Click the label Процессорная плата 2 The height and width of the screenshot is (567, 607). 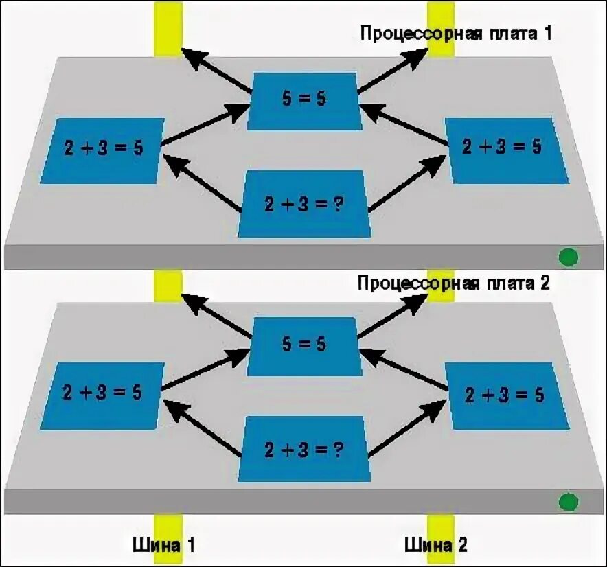(x=454, y=283)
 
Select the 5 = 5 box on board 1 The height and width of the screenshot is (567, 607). (x=303, y=100)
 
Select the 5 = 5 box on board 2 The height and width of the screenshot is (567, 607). (x=303, y=345)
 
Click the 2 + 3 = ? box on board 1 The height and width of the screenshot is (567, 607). (x=304, y=203)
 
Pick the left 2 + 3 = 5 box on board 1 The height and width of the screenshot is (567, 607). (x=102, y=150)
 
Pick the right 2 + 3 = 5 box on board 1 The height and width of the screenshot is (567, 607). (x=507, y=150)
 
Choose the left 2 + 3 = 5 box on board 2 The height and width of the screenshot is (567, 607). (x=102, y=395)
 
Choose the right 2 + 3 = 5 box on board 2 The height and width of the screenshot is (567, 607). (x=507, y=395)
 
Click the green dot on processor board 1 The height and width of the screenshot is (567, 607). (x=568, y=257)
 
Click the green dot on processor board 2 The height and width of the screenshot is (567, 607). (x=568, y=502)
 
